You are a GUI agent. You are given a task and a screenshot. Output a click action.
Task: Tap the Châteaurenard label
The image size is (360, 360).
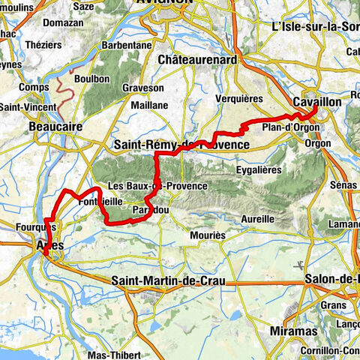point(198,59)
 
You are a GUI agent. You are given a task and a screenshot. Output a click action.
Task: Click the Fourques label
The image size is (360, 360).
point(31,226)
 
